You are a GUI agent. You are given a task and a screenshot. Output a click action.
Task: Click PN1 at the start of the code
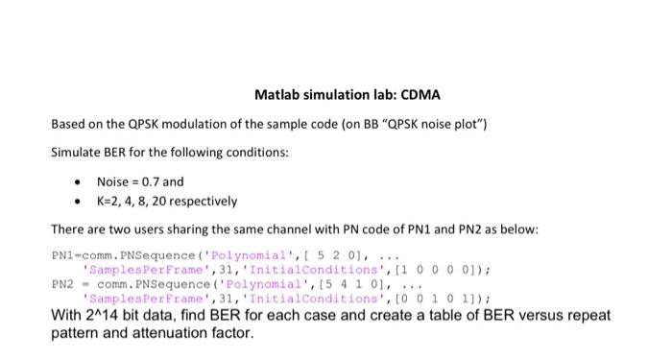click(x=61, y=257)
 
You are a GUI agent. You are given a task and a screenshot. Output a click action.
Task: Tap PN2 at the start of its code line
click(x=61, y=284)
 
